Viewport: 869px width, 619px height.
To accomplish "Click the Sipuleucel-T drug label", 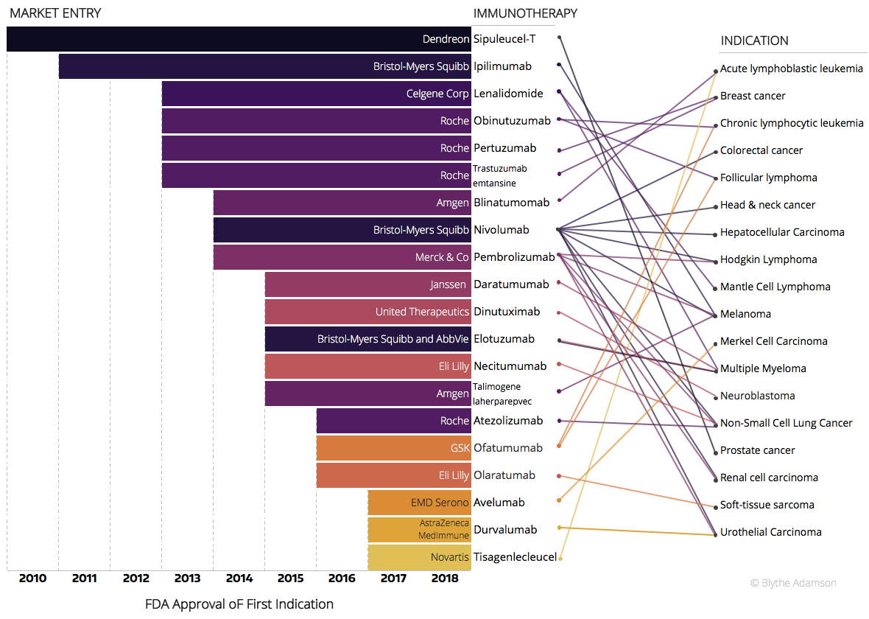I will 504,39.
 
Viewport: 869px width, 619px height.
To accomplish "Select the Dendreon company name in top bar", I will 446,39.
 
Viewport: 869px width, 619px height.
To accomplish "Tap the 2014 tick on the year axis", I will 239,578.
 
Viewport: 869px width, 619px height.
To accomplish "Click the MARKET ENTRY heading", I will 55,13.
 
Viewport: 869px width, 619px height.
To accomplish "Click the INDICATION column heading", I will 754,41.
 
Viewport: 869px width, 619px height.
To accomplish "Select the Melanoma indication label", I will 745,314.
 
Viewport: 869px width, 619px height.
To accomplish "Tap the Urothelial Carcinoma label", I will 770,532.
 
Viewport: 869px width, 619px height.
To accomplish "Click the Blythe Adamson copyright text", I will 793,583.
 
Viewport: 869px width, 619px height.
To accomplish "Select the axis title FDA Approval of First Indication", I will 239,604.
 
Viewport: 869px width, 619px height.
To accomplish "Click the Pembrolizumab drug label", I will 514,257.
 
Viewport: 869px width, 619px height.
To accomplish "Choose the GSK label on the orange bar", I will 460,448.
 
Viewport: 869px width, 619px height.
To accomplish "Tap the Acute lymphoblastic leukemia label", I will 791,69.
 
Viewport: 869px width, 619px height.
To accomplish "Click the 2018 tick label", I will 445,578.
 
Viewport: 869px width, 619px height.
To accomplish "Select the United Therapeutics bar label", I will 422,312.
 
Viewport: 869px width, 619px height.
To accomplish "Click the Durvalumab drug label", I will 505,530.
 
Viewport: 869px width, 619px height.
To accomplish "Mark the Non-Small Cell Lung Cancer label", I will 786,423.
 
